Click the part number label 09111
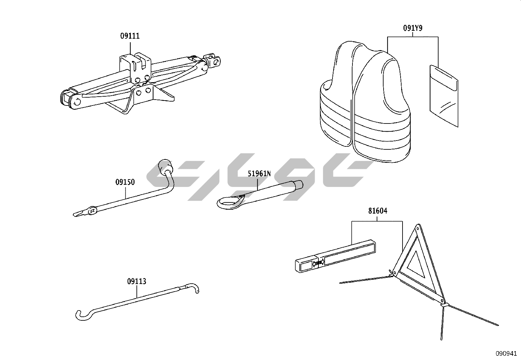[x=130, y=36]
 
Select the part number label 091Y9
[x=413, y=28]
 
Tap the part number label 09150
[x=125, y=182]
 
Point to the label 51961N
[x=259, y=174]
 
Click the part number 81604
[x=378, y=211]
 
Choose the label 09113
[x=136, y=281]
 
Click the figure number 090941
[x=506, y=353]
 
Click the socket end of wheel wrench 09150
[x=165, y=166]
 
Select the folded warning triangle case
[x=335, y=256]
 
